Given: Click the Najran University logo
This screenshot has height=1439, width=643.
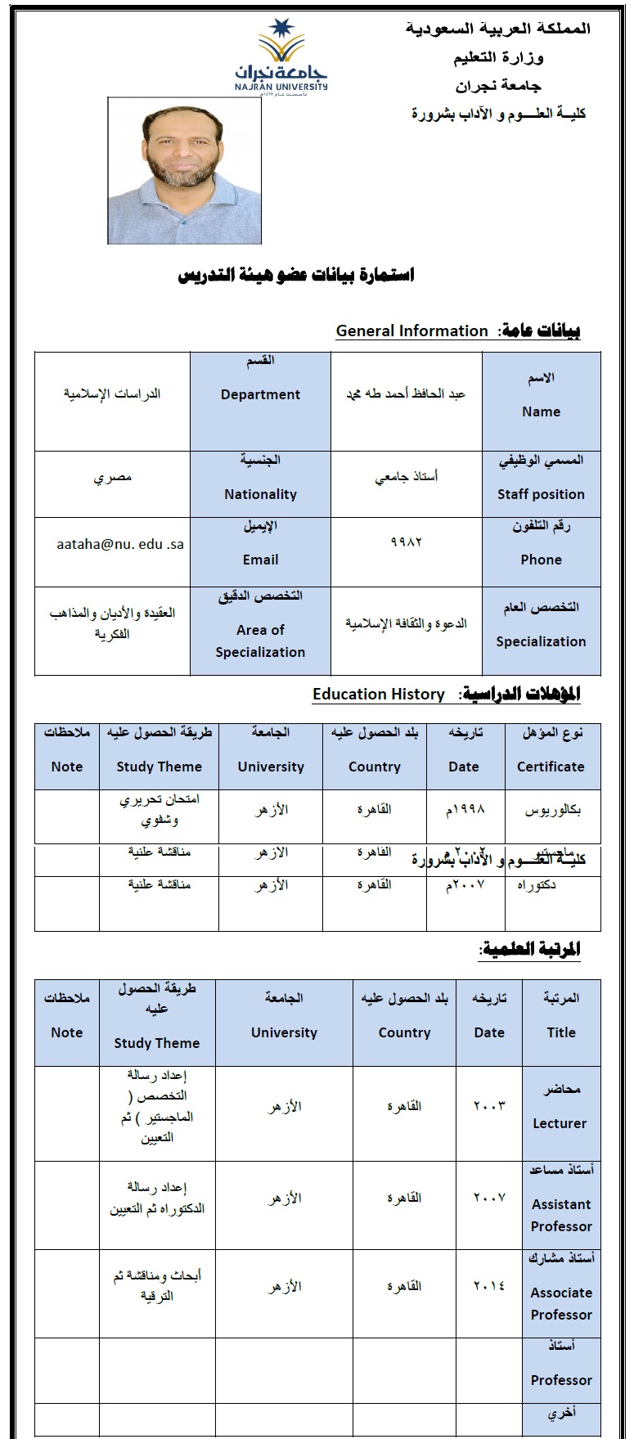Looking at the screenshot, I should tap(281, 57).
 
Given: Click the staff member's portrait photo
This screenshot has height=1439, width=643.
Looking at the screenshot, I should tap(184, 171).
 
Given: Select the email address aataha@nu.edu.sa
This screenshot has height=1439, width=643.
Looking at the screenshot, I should tap(120, 543).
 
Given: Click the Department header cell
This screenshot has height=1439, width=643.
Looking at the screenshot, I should tap(260, 394).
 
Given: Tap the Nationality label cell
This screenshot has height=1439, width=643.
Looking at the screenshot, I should tap(260, 494).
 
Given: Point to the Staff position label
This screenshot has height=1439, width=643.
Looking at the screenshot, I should tap(541, 494).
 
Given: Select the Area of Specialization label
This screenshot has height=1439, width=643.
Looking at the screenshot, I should tap(260, 641).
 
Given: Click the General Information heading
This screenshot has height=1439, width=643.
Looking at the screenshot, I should tap(411, 331).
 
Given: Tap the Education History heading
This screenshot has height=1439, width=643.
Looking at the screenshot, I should tap(378, 694).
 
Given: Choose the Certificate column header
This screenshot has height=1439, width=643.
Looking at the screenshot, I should tap(551, 767).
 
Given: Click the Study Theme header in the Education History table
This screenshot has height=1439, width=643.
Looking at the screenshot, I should tap(159, 767).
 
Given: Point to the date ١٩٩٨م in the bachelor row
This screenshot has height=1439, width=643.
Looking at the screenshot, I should tap(464, 810).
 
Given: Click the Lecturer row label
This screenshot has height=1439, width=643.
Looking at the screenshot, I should tap(560, 1123).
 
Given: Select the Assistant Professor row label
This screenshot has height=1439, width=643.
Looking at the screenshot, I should tap(561, 1215).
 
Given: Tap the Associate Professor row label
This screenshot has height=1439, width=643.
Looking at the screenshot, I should tap(561, 1303).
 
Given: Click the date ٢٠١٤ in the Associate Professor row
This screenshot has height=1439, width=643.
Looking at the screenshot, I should tap(489, 1285).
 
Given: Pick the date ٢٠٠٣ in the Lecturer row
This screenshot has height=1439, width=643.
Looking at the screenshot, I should tap(489, 1105).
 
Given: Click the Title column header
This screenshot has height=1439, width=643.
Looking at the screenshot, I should tap(561, 1032).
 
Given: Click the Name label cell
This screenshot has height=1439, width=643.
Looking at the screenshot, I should tap(541, 411).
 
